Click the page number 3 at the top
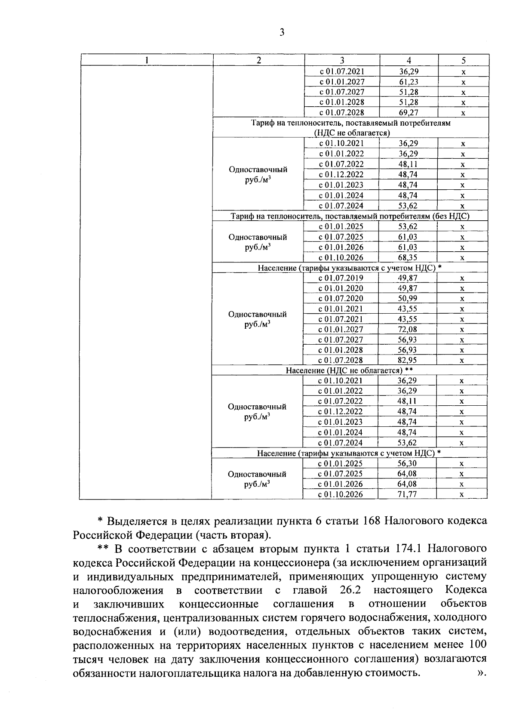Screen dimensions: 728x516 [282, 33]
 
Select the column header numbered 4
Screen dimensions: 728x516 [409, 60]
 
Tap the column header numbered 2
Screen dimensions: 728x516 [258, 60]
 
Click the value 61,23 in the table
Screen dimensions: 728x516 [408, 82]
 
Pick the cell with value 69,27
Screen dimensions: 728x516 [408, 113]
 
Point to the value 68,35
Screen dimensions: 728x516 [407, 258]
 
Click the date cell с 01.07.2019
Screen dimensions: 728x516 [341, 278]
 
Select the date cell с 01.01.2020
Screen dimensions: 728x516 [341, 288]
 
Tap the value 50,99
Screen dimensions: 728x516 [407, 299]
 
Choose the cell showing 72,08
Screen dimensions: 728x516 [407, 330]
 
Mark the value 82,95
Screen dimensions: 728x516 [407, 361]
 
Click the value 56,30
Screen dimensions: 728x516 [407, 464]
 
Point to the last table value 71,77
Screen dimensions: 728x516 [407, 494]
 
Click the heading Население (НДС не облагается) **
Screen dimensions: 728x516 [349, 370]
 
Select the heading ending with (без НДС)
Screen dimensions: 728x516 [350, 216]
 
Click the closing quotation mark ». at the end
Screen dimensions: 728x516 [481, 672]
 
